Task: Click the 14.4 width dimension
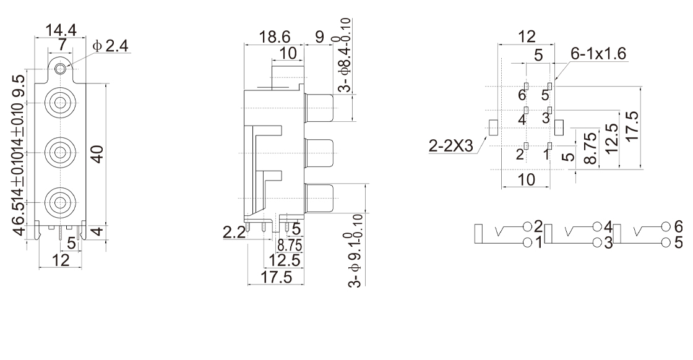click(61, 30)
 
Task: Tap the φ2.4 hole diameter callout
click(111, 46)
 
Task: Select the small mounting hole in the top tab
click(61, 69)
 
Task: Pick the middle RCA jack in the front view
click(59, 153)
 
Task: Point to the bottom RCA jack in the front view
click(59, 202)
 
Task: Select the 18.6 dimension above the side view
click(275, 36)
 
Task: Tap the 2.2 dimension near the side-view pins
click(235, 232)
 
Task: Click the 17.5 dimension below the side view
click(276, 277)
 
